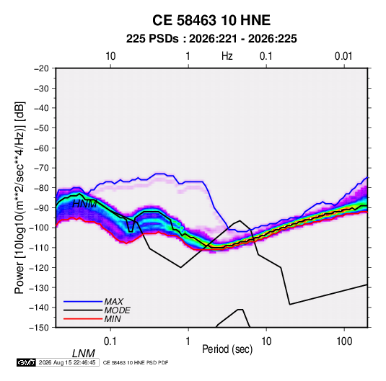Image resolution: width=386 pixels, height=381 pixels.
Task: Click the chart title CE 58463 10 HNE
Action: coord(211,20)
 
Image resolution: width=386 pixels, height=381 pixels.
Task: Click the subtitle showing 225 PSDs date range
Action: coord(211,39)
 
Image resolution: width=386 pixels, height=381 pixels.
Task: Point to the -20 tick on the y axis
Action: coord(41,68)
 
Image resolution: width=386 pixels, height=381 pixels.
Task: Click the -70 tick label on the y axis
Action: coord(41,168)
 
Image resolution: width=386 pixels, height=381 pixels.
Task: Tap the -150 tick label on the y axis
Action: coord(39,328)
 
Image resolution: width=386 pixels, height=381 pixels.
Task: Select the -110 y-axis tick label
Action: coord(39,248)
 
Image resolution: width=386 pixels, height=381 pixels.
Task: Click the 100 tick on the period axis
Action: coord(344,341)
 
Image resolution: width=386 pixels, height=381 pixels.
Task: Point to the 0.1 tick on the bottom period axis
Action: coord(110,341)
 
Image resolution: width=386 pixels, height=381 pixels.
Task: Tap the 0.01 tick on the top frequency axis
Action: coord(343,56)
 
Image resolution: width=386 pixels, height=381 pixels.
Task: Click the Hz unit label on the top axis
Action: coord(227,56)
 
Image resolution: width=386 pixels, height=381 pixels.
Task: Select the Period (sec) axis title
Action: coord(227,349)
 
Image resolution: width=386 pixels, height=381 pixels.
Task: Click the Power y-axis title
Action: coord(19,197)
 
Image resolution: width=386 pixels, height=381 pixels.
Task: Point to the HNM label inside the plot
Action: coord(84,204)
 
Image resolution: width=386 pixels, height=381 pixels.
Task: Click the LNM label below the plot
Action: coord(84,354)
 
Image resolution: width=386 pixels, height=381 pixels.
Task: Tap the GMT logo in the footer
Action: coord(26,362)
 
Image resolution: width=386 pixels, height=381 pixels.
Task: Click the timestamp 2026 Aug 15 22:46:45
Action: coord(67,362)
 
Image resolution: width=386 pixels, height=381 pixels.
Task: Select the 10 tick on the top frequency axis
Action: coord(110,56)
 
